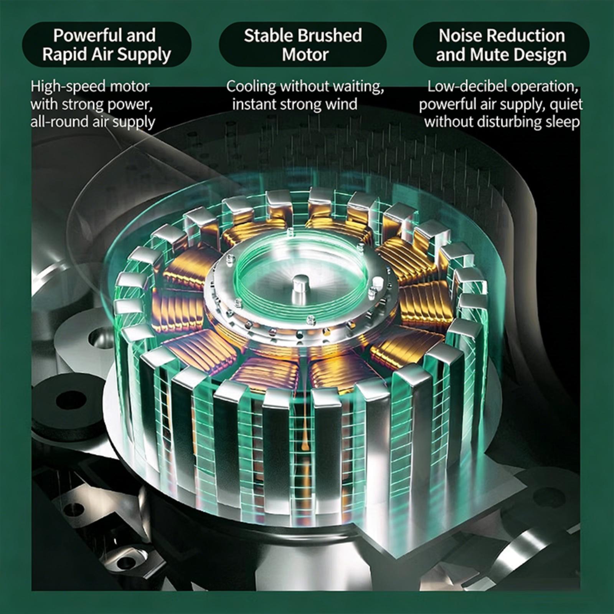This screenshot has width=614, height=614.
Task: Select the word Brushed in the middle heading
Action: click(330, 35)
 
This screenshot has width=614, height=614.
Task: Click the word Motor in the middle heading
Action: click(305, 54)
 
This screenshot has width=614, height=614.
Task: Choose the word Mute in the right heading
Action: click(489, 54)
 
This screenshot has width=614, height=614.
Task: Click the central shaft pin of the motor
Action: click(300, 288)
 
